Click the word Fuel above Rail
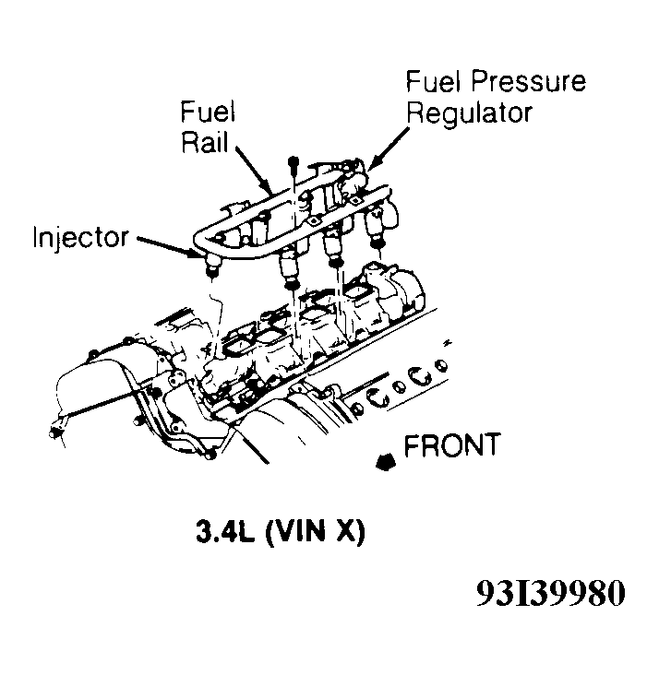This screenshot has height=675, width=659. click(208, 112)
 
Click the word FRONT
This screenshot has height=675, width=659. click(452, 445)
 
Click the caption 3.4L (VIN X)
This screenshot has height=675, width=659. click(278, 533)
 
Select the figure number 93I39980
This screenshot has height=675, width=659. click(550, 593)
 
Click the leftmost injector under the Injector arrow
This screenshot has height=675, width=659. click(210, 266)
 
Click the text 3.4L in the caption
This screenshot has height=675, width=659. click(224, 533)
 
